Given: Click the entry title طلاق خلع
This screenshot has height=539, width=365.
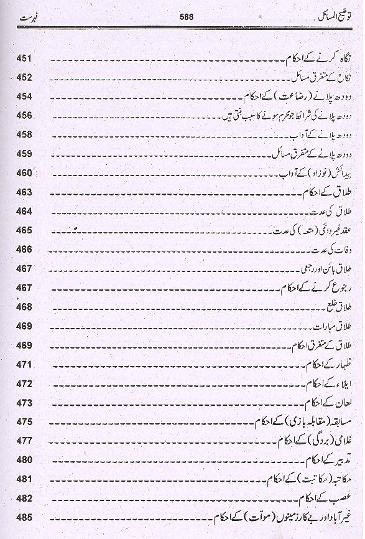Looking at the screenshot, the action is (x=335, y=306).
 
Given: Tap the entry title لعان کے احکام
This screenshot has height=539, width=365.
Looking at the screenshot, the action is (x=325, y=402).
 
